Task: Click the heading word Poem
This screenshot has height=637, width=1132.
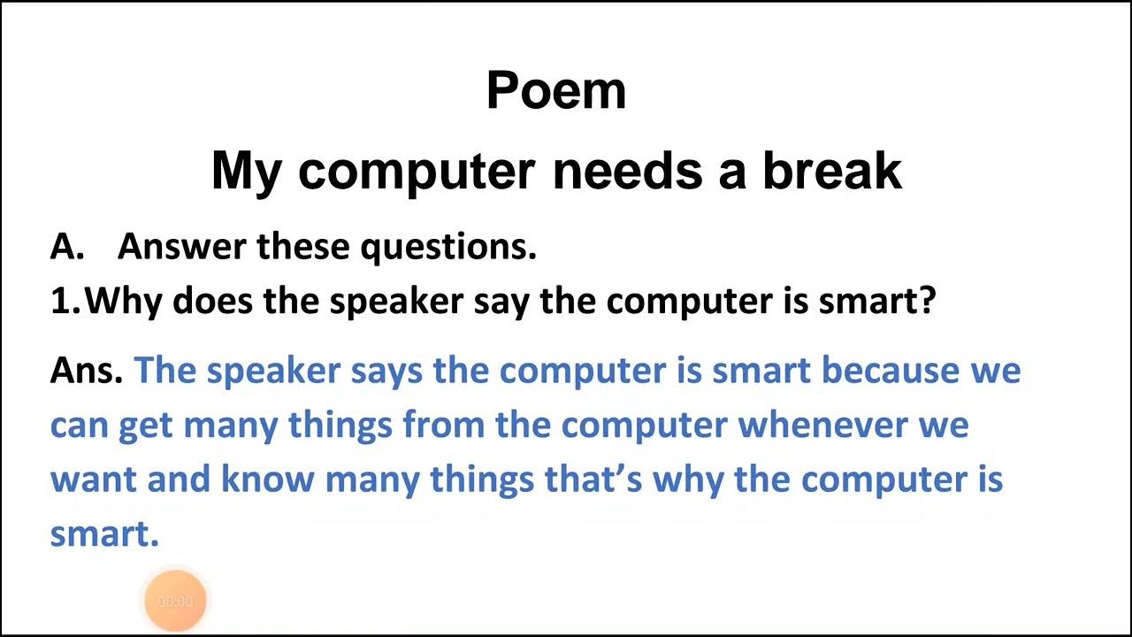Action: pos(556,90)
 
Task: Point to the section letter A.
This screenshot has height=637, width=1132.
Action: pos(65,247)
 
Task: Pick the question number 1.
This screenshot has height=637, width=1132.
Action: pos(64,302)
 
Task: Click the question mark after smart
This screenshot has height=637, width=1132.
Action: pos(927,302)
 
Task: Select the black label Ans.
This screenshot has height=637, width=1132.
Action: pos(86,370)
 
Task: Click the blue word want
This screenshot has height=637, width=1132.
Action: pos(93,480)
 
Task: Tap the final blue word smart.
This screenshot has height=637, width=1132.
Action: pos(103,534)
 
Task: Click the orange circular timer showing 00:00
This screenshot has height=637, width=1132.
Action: pos(175,602)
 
